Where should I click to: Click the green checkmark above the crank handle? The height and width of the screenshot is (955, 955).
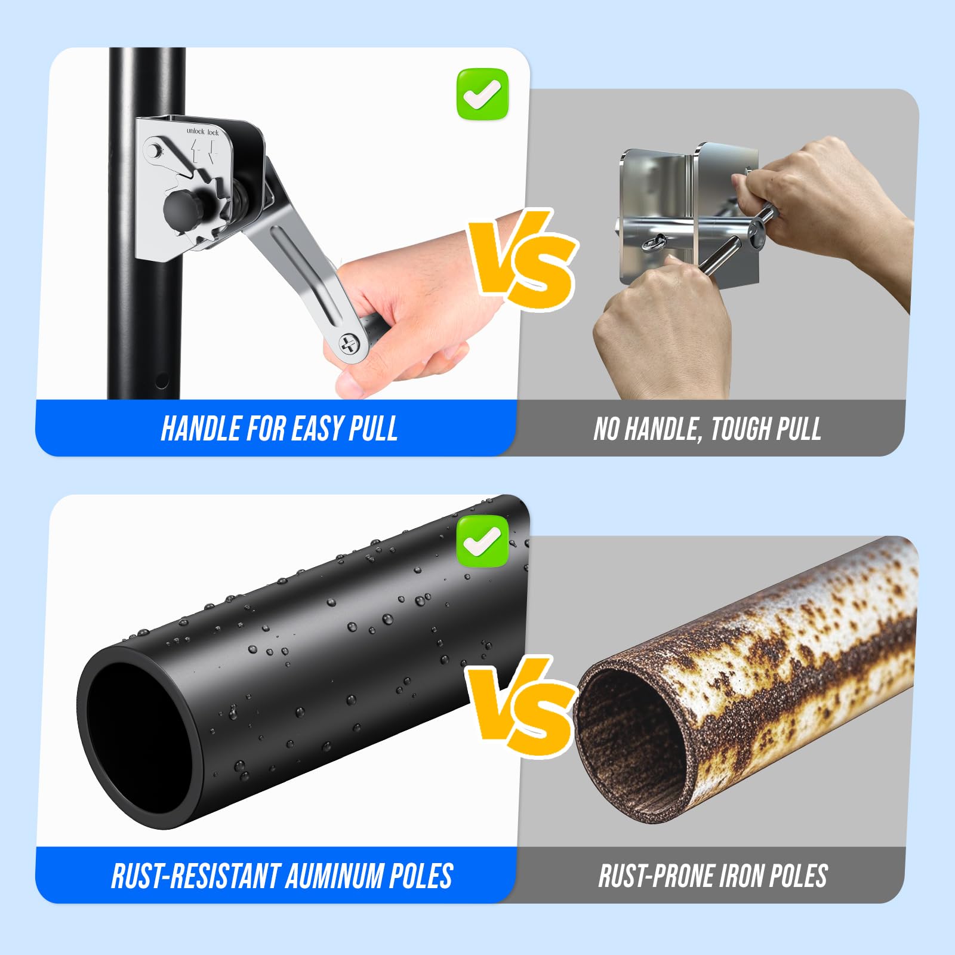(x=482, y=94)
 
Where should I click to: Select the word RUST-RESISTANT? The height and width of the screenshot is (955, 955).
(x=196, y=876)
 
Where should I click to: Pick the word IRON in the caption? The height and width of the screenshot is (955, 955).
(x=742, y=876)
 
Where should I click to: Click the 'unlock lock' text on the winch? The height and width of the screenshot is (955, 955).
(x=202, y=131)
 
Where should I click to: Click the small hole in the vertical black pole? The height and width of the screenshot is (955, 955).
(x=161, y=381)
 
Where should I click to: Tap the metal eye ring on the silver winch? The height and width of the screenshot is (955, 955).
(x=651, y=244)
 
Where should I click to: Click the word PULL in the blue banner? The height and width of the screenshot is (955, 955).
(x=373, y=429)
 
